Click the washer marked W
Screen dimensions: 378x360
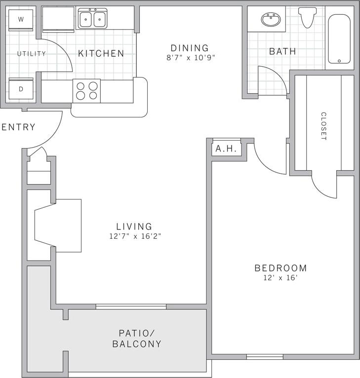pyautogui.click(x=21, y=20)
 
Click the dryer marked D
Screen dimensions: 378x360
pyautogui.click(x=21, y=89)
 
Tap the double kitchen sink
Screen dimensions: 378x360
pyautogui.click(x=92, y=19)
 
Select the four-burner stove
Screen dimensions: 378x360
pyautogui.click(x=86, y=91)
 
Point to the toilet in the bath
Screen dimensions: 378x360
pyautogui.click(x=307, y=17)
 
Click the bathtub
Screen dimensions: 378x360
pyautogui.click(x=339, y=38)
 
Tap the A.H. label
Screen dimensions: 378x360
pyautogui.click(x=227, y=149)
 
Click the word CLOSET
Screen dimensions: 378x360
pyautogui.click(x=323, y=126)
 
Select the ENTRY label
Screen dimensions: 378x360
pyautogui.click(x=19, y=127)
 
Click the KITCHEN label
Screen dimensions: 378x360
pyautogui.click(x=101, y=53)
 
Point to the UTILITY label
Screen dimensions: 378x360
pyautogui.click(x=32, y=54)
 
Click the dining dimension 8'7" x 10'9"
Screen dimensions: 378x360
pyautogui.click(x=190, y=57)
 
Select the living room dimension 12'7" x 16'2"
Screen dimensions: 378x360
pyautogui.click(x=135, y=236)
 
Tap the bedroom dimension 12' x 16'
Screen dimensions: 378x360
pyautogui.click(x=280, y=278)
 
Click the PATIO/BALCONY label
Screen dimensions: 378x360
pyautogui.click(x=137, y=339)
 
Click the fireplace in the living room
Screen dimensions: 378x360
pyautogui.click(x=57, y=226)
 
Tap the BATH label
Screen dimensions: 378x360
pyautogui.click(x=282, y=51)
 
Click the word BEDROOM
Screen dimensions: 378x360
pyautogui.click(x=280, y=268)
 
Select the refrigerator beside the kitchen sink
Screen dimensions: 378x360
pyautogui.click(x=58, y=19)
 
